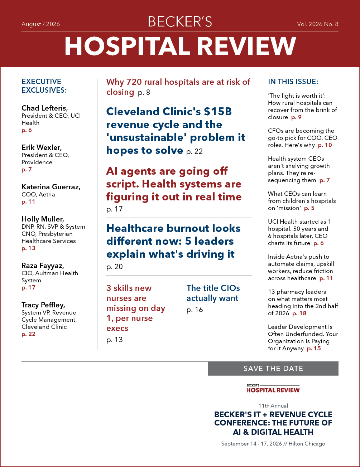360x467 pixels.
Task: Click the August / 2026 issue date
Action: pos(40,24)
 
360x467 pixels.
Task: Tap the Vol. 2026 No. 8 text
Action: pos(318,24)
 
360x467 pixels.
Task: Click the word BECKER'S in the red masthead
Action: pos(180,22)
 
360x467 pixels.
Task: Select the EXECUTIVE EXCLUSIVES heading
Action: pos(44,86)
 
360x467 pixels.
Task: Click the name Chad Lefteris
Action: pos(45,108)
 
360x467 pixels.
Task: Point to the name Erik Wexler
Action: pos(42,147)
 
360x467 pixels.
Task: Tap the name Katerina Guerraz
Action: pos(51,187)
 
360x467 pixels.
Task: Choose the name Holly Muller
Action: pos(43,219)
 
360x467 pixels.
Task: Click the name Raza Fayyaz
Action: pos(43,266)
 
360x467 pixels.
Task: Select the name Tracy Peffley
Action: pos(43,305)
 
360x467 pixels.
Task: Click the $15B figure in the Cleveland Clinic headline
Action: pos(218,112)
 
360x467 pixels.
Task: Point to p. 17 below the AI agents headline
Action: pos(114,209)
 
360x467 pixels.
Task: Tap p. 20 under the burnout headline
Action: pos(114,267)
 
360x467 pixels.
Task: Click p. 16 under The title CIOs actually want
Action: pos(195,310)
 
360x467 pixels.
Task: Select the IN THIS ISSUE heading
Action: pos(293,82)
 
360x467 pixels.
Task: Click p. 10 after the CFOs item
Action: pos(325,145)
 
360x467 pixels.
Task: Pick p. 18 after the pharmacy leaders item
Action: pos(299,313)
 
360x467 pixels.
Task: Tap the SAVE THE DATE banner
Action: pos(273,369)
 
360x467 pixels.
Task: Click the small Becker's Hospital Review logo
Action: pos(273,389)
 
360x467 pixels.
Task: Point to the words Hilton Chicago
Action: pos(307,444)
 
